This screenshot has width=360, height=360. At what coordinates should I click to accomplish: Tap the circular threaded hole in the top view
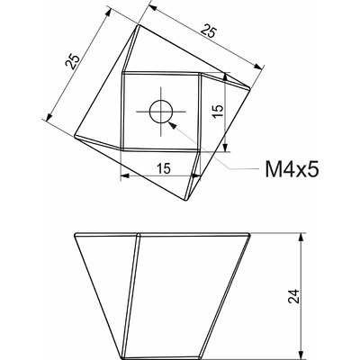pyautogui.click(x=161, y=112)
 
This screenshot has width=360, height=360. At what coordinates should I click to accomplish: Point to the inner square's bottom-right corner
pyautogui.click(x=199, y=150)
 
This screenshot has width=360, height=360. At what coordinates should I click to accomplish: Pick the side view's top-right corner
pyautogui.click(x=250, y=236)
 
